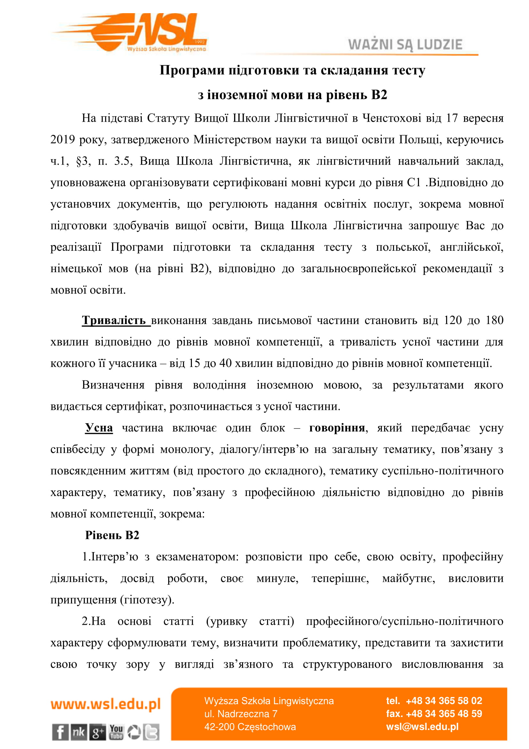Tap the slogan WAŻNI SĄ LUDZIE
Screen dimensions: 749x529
pos(405,45)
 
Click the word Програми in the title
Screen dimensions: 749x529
pos(192,70)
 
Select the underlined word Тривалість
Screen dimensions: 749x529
pos(114,320)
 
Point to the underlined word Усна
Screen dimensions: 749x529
pos(99,428)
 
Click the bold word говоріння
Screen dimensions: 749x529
pos(337,428)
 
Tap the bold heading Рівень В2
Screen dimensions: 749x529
pos(112,535)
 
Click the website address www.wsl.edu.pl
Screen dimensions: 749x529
pos(106,704)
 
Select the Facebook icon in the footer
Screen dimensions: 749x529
pos(60,732)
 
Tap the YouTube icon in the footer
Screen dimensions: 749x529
pos(116,732)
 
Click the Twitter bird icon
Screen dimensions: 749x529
pos(152,732)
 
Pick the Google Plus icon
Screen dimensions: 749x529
pos(98,732)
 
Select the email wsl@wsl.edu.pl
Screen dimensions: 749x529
pos(422,727)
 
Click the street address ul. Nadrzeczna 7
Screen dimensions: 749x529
pos(241,714)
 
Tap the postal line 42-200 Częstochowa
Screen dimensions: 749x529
pos(250,727)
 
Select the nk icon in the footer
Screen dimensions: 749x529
pos(79,732)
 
